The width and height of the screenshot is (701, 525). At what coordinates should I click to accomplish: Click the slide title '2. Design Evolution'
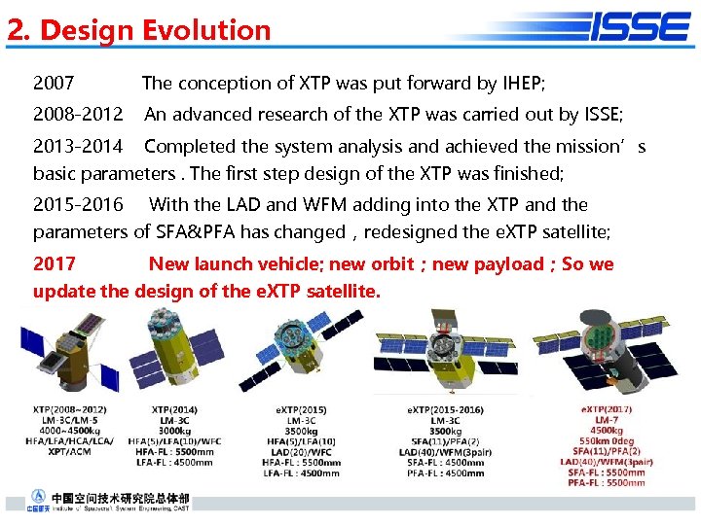pyautogui.click(x=139, y=30)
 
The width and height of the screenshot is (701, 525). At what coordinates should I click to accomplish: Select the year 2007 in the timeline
pyautogui.click(x=54, y=84)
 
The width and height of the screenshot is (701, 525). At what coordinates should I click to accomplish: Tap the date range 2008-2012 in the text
pyautogui.click(x=78, y=115)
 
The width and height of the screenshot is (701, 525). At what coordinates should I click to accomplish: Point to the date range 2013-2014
pyautogui.click(x=78, y=147)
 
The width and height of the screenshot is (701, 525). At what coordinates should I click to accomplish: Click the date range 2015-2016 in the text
pyautogui.click(x=78, y=205)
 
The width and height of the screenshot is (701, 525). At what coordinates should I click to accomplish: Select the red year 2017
pyautogui.click(x=55, y=264)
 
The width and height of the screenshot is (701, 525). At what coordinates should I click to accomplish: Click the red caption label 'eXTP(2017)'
pyautogui.click(x=606, y=408)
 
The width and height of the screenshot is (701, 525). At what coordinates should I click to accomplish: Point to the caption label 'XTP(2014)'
pyautogui.click(x=174, y=409)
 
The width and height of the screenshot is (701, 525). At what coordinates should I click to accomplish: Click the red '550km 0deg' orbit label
pyautogui.click(x=606, y=440)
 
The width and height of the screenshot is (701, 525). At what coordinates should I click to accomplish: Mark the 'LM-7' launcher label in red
pyautogui.click(x=606, y=419)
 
